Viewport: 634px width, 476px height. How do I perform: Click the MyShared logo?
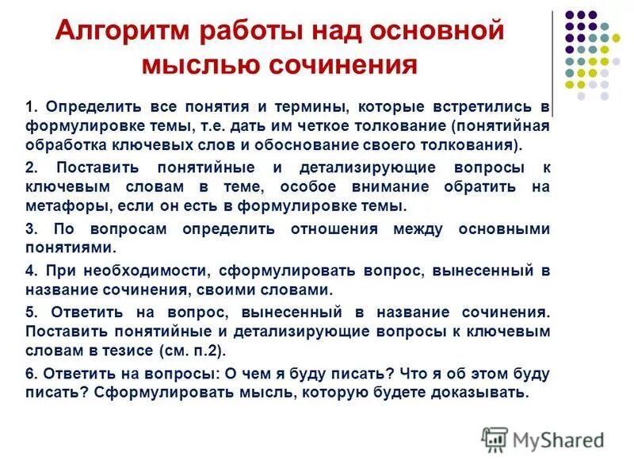[543, 439]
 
